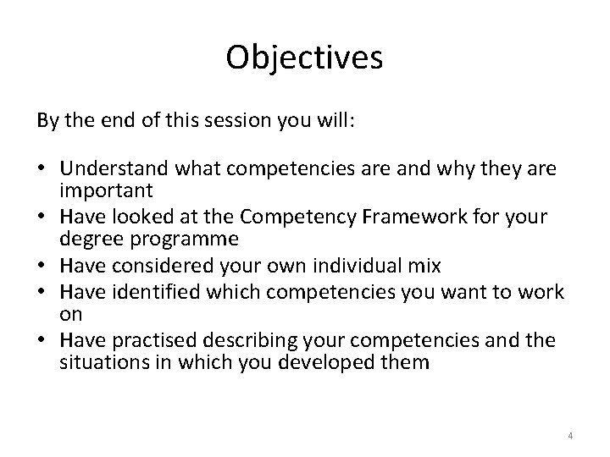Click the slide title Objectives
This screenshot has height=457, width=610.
coord(305,58)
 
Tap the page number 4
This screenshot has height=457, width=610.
coord(570,436)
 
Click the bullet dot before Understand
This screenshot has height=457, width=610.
coord(42,169)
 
